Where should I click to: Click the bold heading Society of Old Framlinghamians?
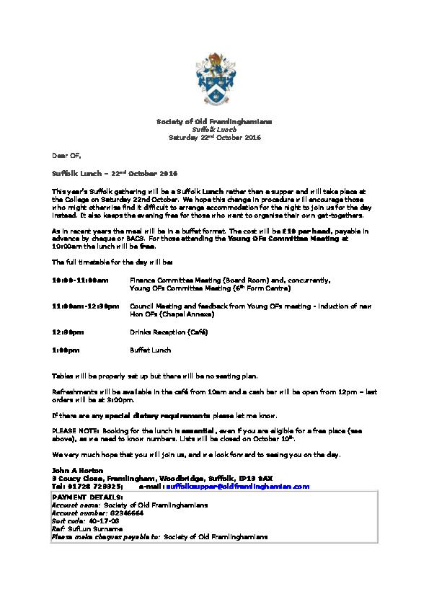[214, 120]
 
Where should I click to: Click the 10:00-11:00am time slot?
[80, 280]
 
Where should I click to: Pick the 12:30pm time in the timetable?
[67, 332]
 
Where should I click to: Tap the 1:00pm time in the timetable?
[65, 350]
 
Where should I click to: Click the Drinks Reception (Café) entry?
[169, 332]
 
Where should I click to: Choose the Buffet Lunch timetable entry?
[150, 350]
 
